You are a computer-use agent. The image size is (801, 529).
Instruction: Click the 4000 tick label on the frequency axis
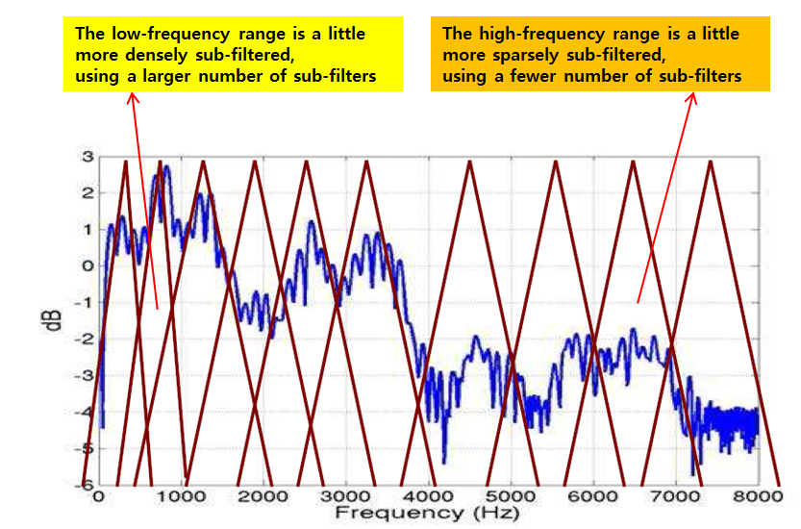point(428,496)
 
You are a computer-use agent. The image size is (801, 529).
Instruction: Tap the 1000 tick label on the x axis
point(180,496)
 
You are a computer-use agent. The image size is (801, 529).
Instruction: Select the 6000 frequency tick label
point(593,496)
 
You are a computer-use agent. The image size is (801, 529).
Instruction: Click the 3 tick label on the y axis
point(87,157)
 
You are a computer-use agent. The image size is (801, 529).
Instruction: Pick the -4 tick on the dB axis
point(84,413)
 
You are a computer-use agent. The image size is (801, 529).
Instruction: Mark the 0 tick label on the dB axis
point(87,266)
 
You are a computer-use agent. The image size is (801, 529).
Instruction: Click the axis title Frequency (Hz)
point(428,515)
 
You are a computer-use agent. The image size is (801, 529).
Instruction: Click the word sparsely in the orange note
point(524,55)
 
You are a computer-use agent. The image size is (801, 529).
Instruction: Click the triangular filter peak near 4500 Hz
point(469,163)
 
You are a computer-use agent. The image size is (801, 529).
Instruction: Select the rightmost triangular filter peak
point(711,163)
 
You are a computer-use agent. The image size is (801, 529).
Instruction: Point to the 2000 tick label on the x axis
point(263,496)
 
